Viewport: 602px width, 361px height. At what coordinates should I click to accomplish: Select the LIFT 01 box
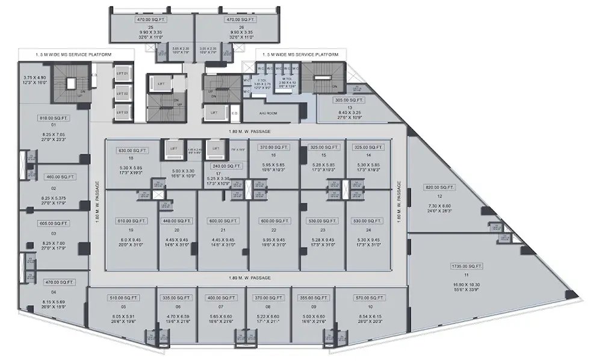coord(123,73)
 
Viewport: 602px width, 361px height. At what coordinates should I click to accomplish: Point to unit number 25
coord(151,28)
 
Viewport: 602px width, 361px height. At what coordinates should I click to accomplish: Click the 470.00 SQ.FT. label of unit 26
coord(238,20)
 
